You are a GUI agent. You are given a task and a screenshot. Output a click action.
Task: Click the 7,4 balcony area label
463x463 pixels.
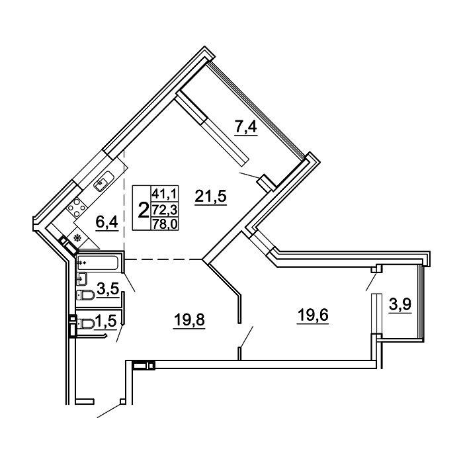pos(246,128)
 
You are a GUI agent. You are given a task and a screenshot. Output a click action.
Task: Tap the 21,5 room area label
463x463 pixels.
pos(210,196)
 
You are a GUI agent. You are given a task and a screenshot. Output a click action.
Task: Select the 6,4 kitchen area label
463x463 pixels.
pos(107,222)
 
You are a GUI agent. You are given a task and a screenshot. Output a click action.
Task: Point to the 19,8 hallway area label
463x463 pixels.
pos(189,320)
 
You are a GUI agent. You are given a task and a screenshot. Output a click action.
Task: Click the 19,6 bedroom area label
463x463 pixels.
pos(313,316)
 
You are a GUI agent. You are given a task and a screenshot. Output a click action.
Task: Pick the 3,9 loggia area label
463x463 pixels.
pos(400,304)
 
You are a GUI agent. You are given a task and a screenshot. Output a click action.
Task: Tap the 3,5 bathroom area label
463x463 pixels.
pos(108,289)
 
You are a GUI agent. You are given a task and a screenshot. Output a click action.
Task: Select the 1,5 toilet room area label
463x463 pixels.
pos(105,321)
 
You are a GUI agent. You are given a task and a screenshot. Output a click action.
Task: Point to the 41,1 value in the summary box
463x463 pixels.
pos(165,194)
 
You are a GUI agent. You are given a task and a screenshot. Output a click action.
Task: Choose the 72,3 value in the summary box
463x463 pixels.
pos(165,210)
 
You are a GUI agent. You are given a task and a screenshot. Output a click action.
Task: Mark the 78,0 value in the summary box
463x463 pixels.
pos(165,224)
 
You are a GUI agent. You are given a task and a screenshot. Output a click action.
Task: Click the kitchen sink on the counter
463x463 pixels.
pos(104,181)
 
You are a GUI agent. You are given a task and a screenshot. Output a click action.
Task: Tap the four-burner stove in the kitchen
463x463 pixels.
pos(77,208)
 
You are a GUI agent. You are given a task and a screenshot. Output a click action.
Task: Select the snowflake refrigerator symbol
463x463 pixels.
pos(77,237)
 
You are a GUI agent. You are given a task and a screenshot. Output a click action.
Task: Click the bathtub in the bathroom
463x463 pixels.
pos(98,263)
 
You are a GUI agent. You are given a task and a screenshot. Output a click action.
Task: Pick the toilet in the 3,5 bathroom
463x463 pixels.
pos(85,295)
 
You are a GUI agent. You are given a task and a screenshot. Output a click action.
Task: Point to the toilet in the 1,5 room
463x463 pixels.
pos(85,324)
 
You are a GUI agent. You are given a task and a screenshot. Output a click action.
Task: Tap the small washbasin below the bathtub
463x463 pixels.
pos(81,279)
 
